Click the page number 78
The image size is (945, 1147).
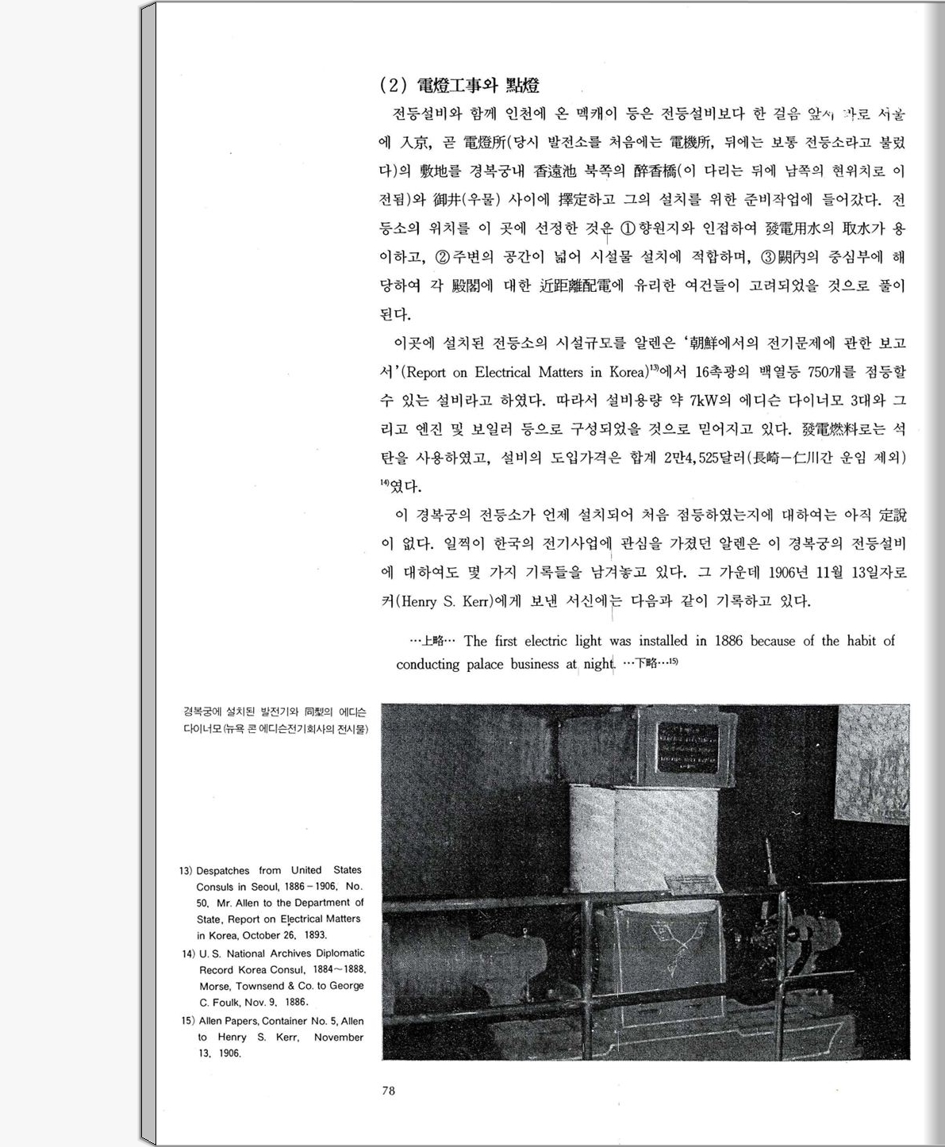click(x=388, y=1091)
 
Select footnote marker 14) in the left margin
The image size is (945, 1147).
click(x=188, y=954)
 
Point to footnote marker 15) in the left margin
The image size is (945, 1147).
click(x=188, y=1022)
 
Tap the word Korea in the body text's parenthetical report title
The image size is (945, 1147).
click(x=627, y=372)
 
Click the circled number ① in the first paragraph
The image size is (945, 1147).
click(x=627, y=229)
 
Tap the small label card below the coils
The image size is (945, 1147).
click(x=696, y=883)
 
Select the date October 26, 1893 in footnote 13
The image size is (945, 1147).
click(x=282, y=935)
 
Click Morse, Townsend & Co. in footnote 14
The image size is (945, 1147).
click(x=266, y=986)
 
